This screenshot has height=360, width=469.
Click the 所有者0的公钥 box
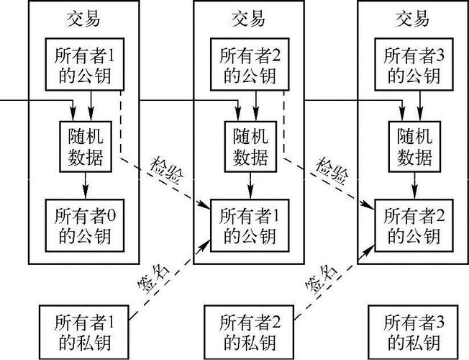coord(83,225)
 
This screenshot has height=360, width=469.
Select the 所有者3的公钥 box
coord(412,64)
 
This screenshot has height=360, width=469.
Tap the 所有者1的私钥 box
coord(83,330)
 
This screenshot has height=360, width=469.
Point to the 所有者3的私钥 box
coord(412,330)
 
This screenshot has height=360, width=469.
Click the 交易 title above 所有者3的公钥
coord(412,18)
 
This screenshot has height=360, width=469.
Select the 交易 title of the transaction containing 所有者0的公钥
coord(83,18)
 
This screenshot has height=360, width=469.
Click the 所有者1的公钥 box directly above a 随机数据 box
coord(83,64)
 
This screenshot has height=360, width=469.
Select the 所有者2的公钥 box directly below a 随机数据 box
coord(412,225)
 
